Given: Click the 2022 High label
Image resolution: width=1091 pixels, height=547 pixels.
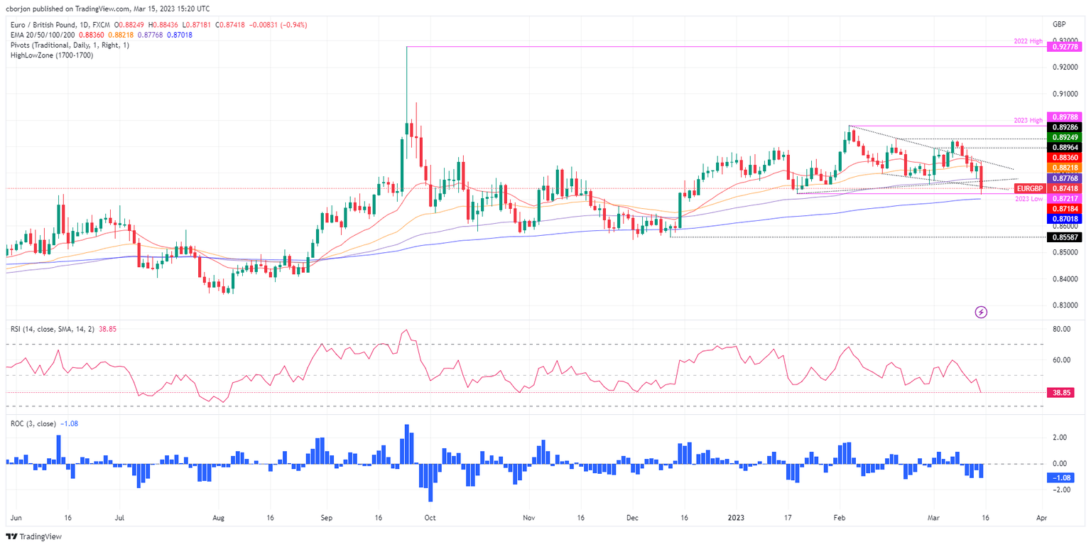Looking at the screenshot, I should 1027,42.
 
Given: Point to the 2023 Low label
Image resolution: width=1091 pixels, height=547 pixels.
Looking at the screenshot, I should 1027,198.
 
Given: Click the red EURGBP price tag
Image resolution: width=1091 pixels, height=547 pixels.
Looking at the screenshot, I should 1029,188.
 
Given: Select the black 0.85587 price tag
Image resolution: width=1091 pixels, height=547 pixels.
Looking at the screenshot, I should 1064,237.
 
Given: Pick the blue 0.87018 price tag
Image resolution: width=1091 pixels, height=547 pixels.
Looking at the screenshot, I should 1064,220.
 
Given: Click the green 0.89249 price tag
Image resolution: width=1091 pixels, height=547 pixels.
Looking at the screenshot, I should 1064,136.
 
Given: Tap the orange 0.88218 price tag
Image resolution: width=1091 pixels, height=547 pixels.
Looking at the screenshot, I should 1064,168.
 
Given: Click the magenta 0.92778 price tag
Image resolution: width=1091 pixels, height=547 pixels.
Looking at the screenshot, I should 1064,47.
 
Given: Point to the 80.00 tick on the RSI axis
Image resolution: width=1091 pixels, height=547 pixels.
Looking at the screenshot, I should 1061,329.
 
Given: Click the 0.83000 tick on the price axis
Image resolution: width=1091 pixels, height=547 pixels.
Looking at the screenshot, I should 1064,305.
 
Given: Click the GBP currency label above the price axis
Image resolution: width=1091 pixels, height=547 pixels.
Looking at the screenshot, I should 1060,24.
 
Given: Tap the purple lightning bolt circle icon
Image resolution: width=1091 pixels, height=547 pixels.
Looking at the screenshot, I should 981,312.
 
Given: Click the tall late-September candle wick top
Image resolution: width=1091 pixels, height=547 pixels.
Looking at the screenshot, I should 406,47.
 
